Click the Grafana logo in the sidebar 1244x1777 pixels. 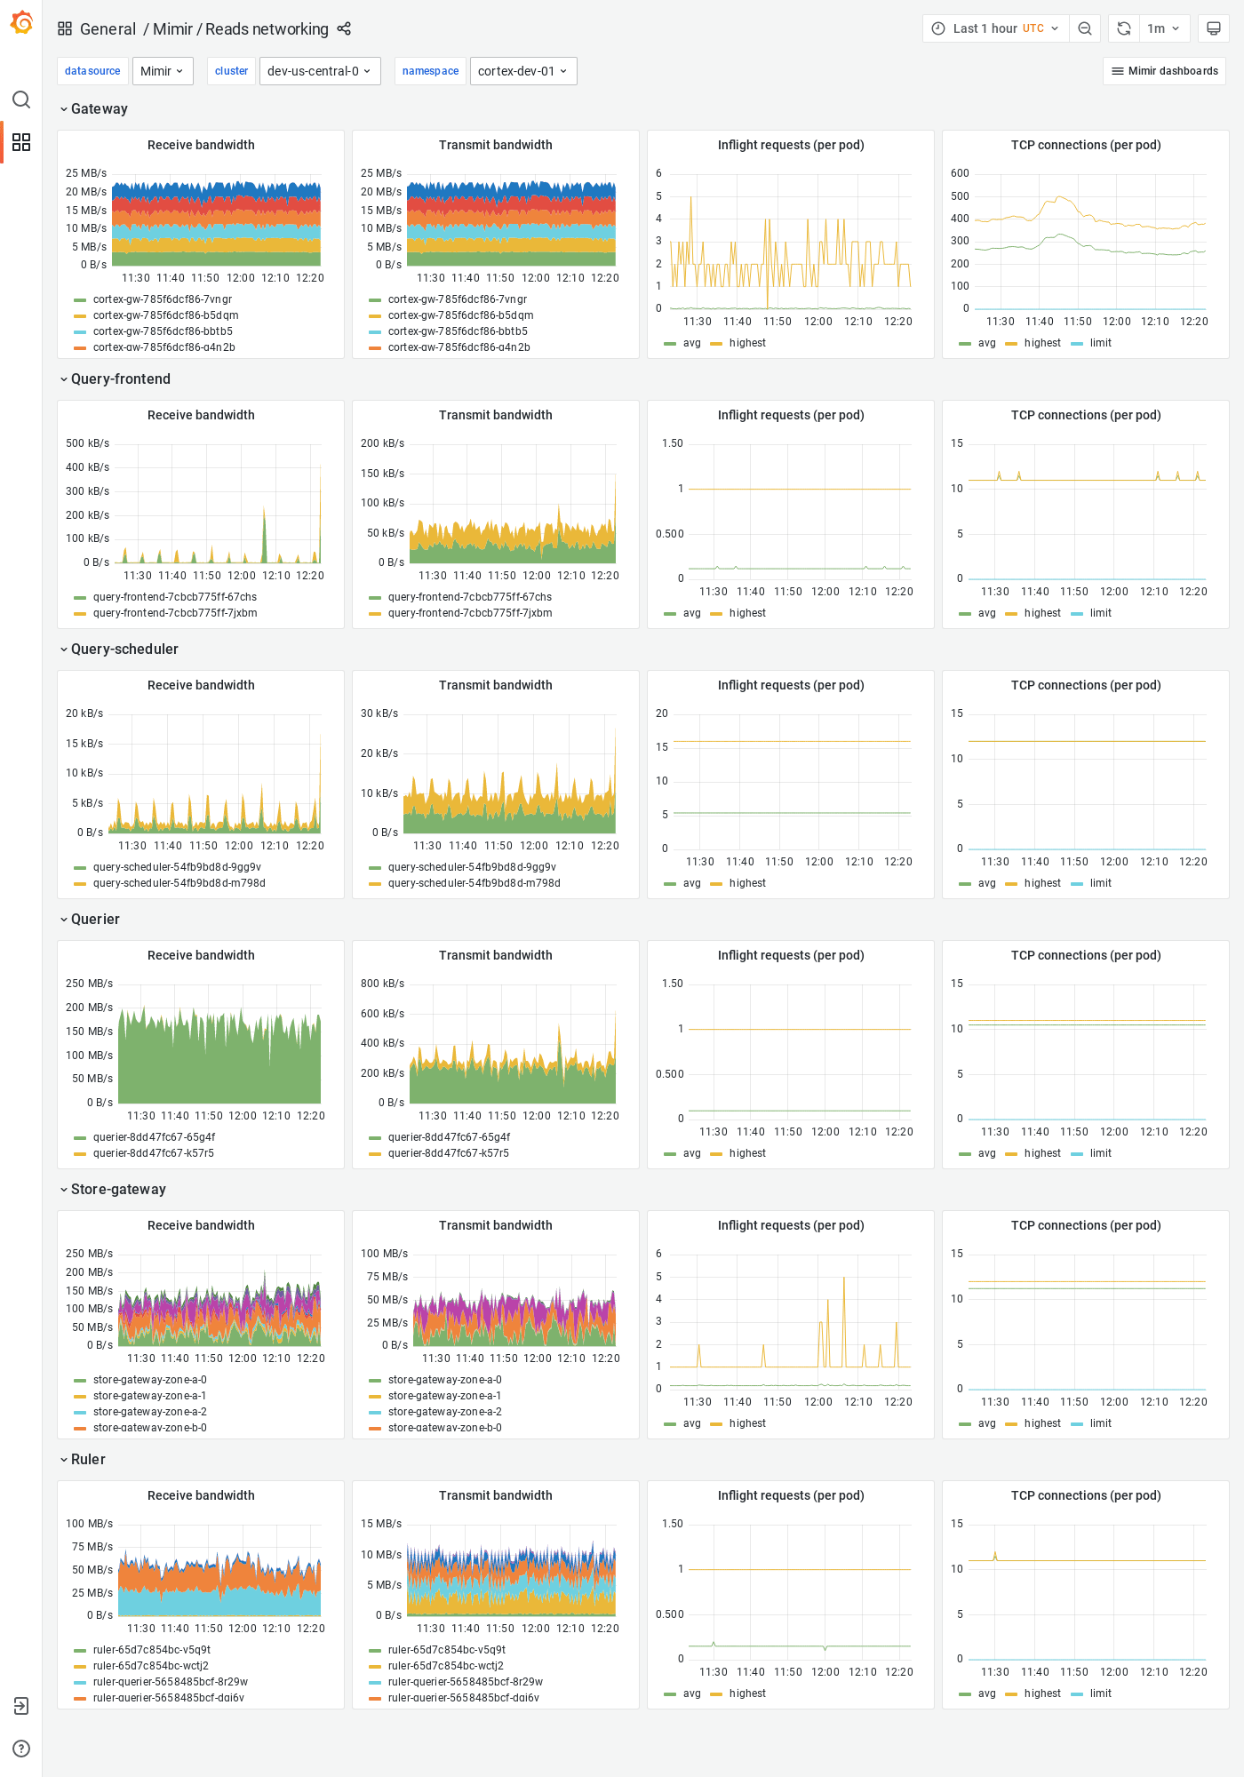pyautogui.click(x=21, y=23)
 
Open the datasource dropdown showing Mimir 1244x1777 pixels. pyautogui.click(x=163, y=71)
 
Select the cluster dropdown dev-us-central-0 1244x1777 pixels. pyautogui.click(x=319, y=71)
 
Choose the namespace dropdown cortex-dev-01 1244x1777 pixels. pyautogui.click(x=522, y=71)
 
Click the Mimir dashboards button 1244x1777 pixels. pyautogui.click(x=1164, y=71)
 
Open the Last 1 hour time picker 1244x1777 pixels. pyautogui.click(x=995, y=28)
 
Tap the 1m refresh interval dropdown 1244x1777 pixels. pyautogui.click(x=1162, y=28)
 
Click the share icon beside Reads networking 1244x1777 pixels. pyautogui.click(x=344, y=29)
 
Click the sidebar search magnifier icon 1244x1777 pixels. pyautogui.click(x=21, y=100)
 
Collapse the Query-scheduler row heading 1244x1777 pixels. pyautogui.click(x=124, y=649)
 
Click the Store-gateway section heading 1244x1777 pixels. pyautogui.click(x=118, y=1190)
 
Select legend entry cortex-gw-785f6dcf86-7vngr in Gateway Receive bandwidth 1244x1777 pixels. pyautogui.click(x=162, y=299)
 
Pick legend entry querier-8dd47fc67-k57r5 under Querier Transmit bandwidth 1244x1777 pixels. pyautogui.click(x=448, y=1153)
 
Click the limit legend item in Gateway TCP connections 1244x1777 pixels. pyautogui.click(x=1100, y=343)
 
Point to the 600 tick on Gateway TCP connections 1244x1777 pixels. pyautogui.click(x=960, y=173)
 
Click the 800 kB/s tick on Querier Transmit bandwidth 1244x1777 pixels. pyautogui.click(x=382, y=984)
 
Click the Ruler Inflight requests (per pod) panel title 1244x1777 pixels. pyautogui.click(x=790, y=1495)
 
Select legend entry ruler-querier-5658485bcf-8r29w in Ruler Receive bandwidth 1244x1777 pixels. pyautogui.click(x=170, y=1682)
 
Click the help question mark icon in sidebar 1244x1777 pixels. pyautogui.click(x=21, y=1749)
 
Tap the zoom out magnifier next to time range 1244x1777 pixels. pyautogui.click(x=1084, y=28)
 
